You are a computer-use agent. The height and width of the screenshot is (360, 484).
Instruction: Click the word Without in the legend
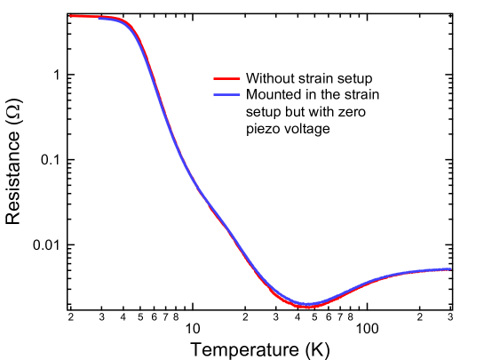point(271,78)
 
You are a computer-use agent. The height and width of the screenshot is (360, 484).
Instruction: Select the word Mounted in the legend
point(274,94)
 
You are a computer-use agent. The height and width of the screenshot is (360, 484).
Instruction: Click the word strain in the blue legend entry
point(362,94)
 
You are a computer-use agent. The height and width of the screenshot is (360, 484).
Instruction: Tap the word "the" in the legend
point(330,94)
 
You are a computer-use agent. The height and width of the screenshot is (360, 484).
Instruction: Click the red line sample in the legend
point(227,78)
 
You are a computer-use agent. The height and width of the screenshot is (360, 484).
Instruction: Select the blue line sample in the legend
point(227,94)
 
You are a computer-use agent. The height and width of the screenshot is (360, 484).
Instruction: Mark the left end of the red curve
point(70,16)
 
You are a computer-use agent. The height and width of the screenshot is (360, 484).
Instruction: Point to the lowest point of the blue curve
point(307,304)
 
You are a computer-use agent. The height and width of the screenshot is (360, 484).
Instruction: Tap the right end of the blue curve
point(450,268)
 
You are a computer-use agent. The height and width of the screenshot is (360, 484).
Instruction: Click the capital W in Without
point(252,78)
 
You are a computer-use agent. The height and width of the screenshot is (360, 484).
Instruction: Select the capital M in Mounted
point(251,94)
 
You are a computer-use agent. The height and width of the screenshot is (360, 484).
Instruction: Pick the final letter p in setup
point(368,80)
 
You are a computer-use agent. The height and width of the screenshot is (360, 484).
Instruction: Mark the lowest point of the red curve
point(307,308)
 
